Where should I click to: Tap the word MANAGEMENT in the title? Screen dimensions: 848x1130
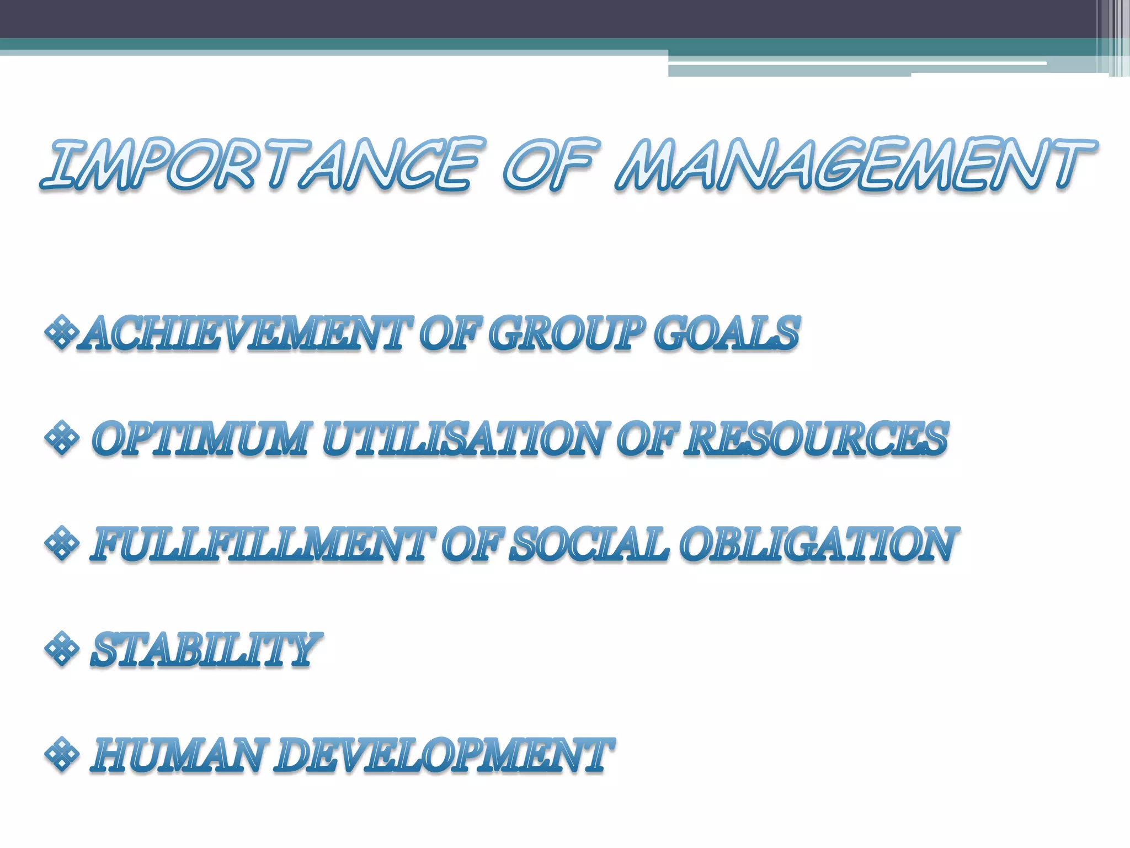tap(855, 164)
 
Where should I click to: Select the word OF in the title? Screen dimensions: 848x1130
tap(549, 164)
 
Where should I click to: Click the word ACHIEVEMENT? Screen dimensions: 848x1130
tap(246, 333)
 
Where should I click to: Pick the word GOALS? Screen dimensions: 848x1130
tap(727, 333)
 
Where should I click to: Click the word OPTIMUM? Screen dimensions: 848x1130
tap(200, 439)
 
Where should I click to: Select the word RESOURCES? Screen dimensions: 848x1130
tap(815, 439)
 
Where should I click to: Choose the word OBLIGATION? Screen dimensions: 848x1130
tap(818, 544)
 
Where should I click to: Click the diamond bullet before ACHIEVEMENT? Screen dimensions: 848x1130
tap(61, 332)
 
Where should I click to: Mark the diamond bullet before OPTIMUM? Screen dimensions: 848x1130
tap(61, 438)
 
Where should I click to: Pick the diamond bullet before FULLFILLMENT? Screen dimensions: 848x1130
tap(61, 543)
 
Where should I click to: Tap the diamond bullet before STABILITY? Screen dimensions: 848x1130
tap(61, 649)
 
